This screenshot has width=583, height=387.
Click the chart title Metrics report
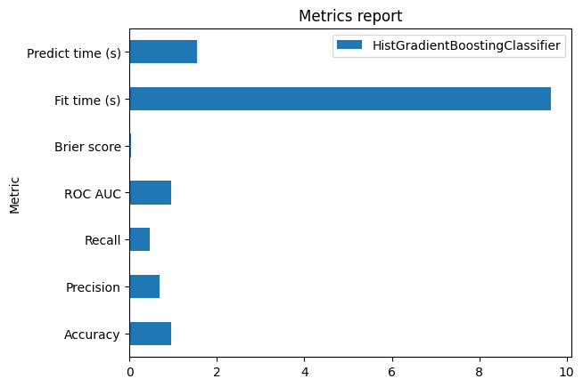tap(349, 16)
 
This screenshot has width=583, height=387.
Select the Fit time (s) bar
tap(340, 99)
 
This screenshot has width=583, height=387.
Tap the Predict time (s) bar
tap(163, 52)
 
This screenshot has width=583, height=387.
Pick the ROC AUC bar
tap(150, 192)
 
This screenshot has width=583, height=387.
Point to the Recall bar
tap(139, 239)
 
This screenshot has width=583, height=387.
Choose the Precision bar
tap(144, 286)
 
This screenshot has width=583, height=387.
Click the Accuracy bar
tap(150, 334)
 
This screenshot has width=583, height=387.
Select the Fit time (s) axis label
tap(88, 100)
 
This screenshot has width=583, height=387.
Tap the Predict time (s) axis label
tap(74, 52)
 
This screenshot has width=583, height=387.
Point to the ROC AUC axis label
tap(93, 193)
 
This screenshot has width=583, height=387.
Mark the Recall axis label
tap(103, 240)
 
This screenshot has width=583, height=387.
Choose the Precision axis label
tap(93, 287)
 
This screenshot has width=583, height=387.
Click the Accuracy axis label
tap(92, 335)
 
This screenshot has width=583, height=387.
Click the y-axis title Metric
tap(14, 193)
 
